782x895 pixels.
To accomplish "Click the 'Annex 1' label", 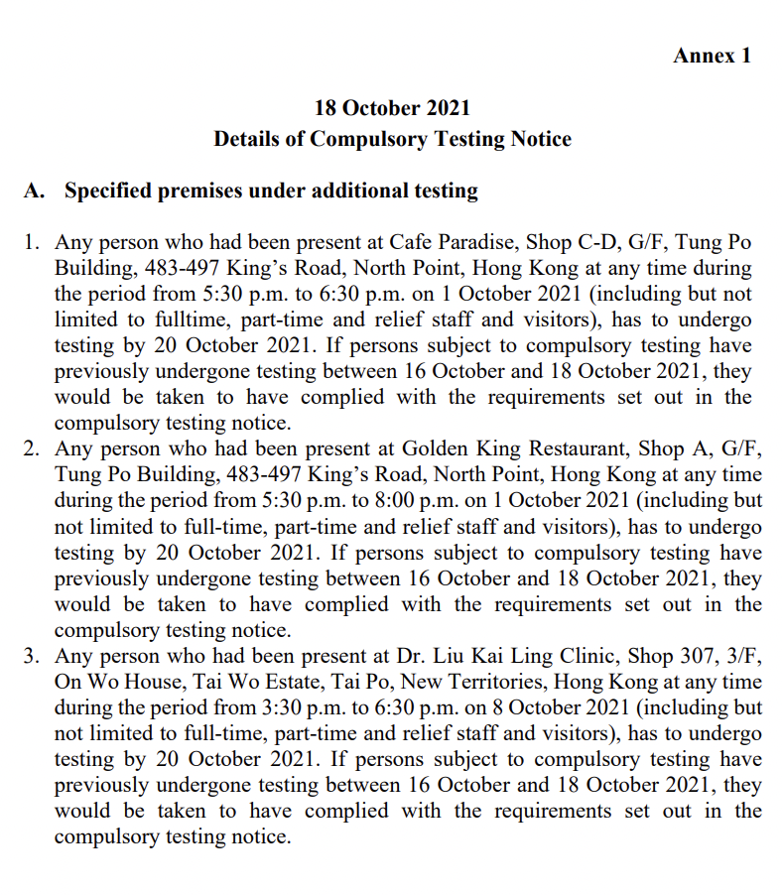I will click(x=712, y=56).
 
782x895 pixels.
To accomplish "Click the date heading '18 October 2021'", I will click(x=392, y=108).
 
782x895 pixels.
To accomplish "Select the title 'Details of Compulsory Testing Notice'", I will click(x=392, y=139).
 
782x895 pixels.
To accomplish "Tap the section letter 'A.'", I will click(x=36, y=191).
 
